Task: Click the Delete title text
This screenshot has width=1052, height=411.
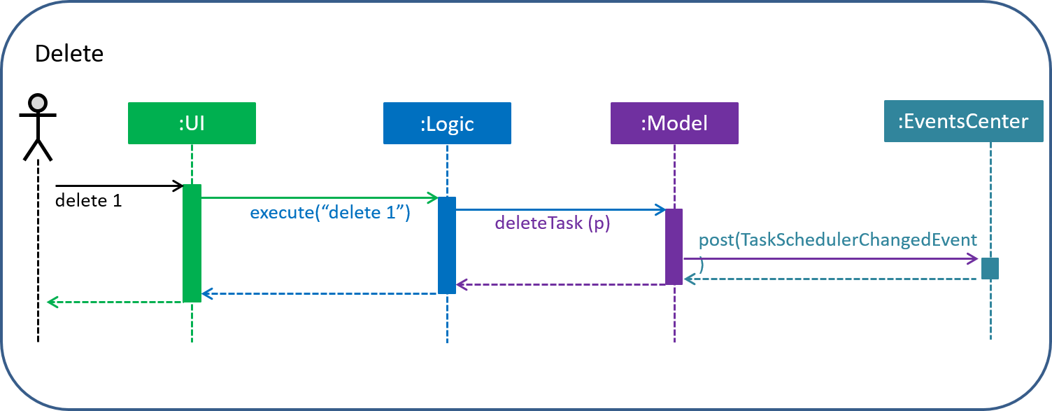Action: tap(69, 54)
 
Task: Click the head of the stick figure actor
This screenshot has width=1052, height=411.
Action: tap(37, 103)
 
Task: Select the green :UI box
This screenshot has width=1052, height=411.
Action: tap(192, 123)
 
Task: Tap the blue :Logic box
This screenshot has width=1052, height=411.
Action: tap(447, 123)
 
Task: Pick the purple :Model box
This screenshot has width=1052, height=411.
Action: tap(674, 123)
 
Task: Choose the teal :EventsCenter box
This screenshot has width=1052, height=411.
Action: tap(963, 122)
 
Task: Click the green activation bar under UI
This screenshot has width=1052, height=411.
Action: tap(192, 243)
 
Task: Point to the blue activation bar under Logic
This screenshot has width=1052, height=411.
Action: tap(447, 245)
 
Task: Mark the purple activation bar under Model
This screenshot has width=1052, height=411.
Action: tap(674, 246)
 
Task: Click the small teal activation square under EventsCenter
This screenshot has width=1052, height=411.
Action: tap(990, 268)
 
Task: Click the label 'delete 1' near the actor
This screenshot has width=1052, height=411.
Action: tap(88, 201)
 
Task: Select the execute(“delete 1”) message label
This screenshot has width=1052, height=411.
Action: tap(330, 212)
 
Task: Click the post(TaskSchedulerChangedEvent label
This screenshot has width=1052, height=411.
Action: tap(837, 239)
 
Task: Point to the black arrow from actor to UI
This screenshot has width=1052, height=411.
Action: tap(119, 186)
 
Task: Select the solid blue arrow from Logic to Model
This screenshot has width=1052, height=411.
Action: tap(560, 209)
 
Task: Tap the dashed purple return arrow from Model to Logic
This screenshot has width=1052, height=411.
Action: tap(560, 284)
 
